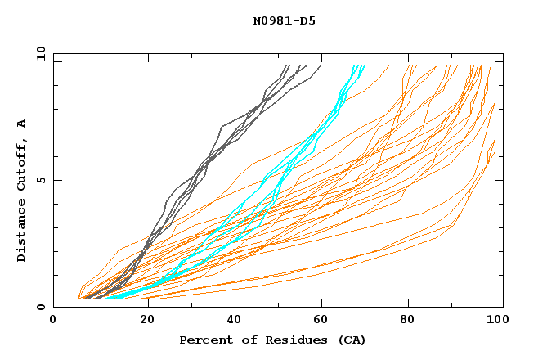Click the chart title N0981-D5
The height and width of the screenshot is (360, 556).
(x=284, y=20)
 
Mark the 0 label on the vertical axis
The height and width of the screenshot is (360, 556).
(x=41, y=308)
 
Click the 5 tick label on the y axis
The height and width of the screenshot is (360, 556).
(x=41, y=180)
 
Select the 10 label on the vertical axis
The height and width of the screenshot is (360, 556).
(x=38, y=53)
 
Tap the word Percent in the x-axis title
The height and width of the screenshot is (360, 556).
(x=204, y=340)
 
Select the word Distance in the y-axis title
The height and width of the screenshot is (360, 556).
(x=22, y=231)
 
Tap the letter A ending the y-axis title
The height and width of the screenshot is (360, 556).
(x=22, y=124)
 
